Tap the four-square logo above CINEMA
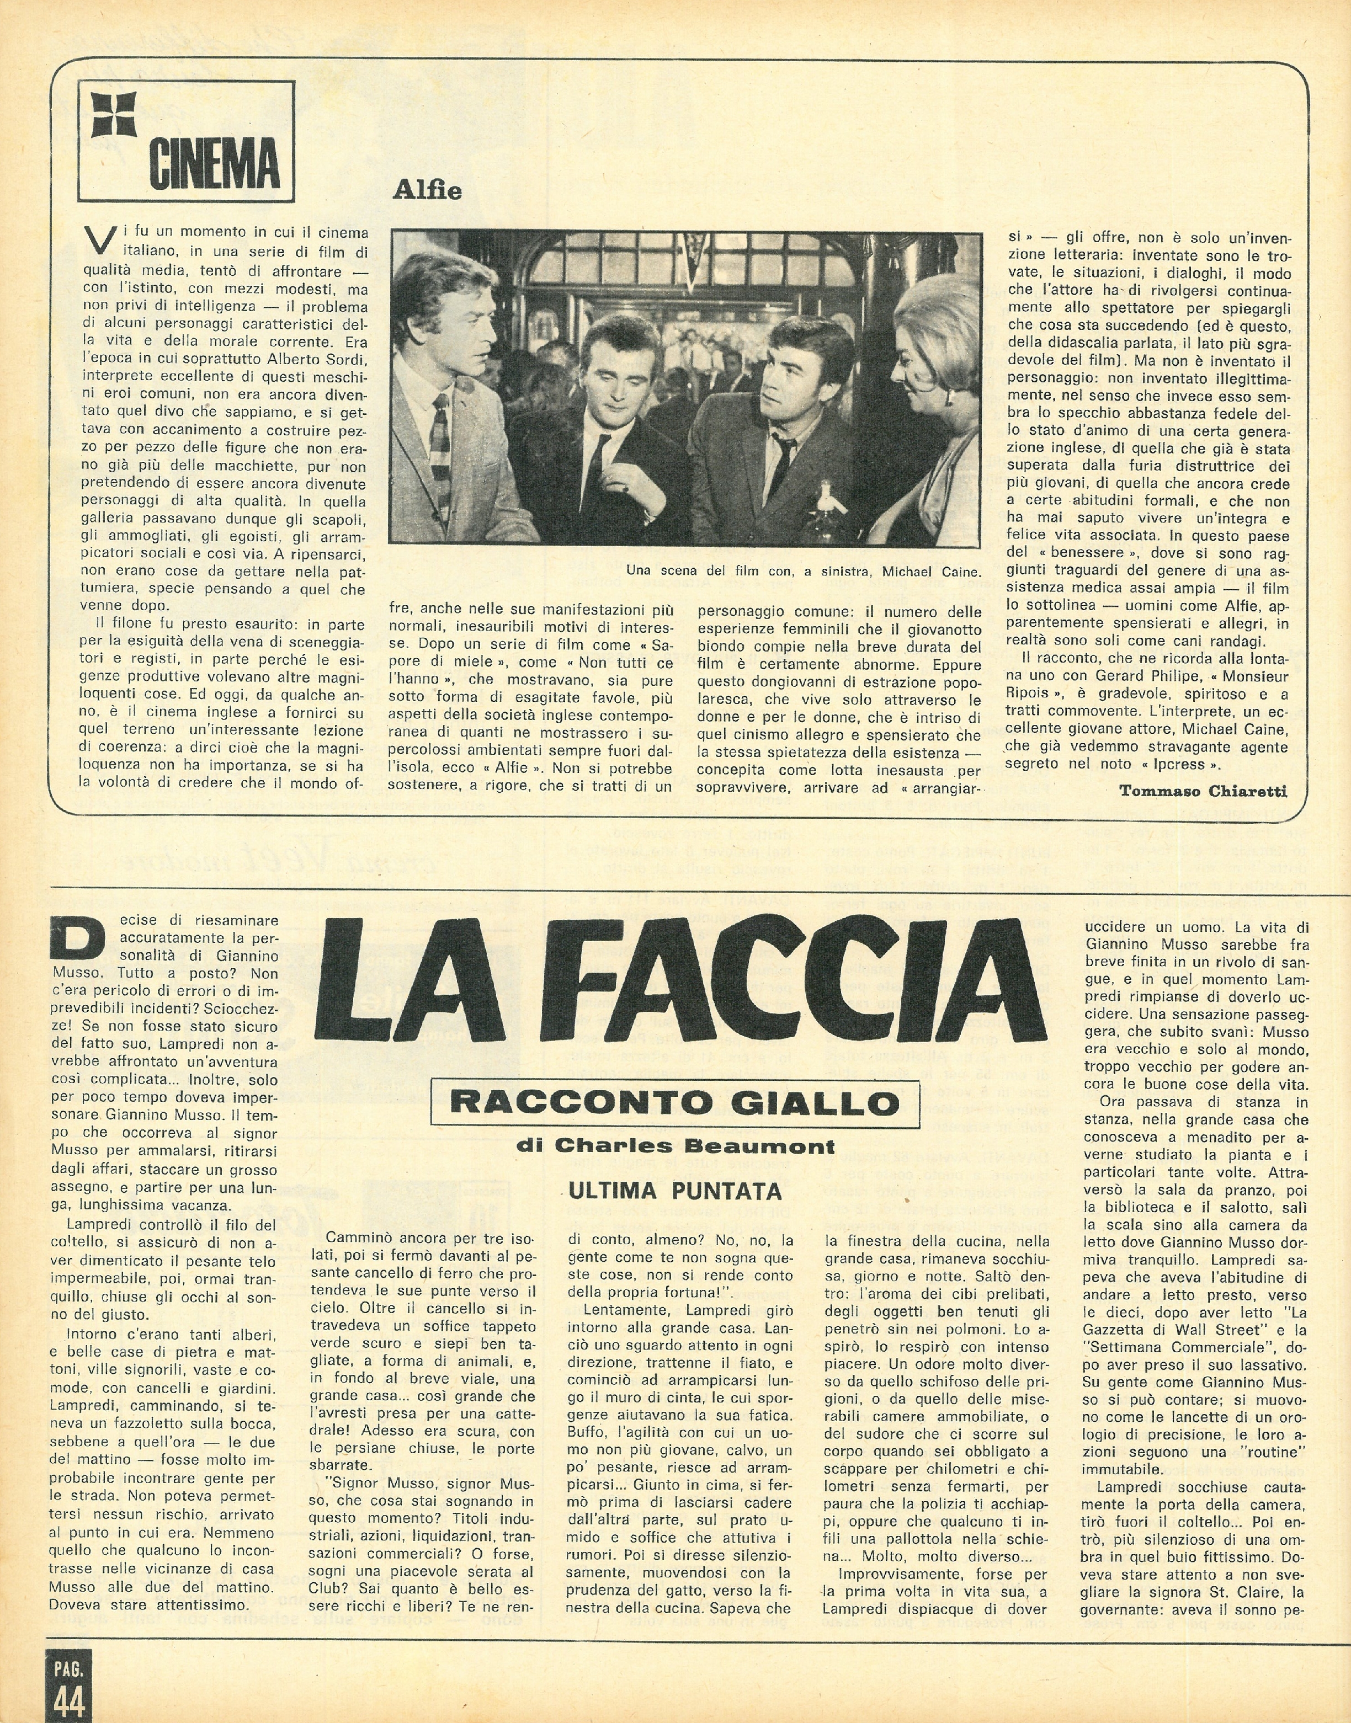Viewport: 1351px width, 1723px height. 115,115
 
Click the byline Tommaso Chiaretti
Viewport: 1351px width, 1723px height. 1203,790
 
